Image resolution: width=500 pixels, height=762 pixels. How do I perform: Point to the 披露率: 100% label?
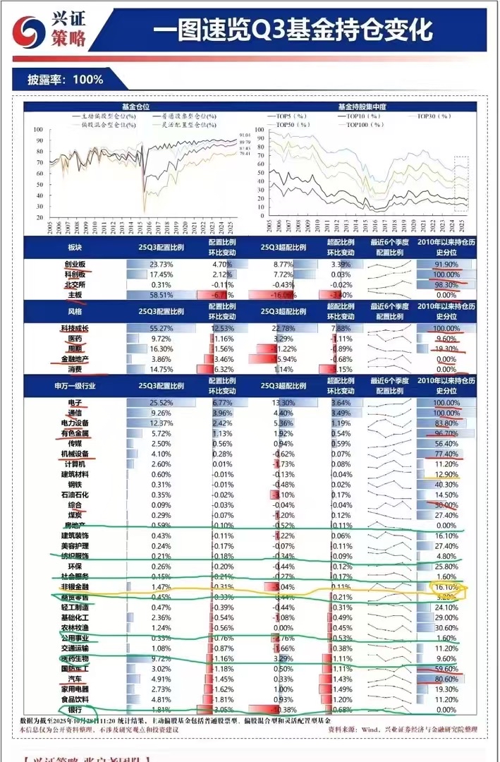click(x=65, y=80)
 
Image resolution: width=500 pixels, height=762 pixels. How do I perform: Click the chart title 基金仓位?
click(x=135, y=105)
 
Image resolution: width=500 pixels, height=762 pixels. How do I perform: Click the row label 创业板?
click(x=74, y=265)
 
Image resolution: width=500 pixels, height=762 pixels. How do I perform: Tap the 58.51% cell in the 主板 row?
click(x=152, y=294)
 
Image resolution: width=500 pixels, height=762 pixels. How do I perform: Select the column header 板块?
click(x=74, y=246)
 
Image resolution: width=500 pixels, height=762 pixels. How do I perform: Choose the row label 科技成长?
click(x=74, y=329)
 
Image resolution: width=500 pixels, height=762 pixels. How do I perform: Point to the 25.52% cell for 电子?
click(x=152, y=402)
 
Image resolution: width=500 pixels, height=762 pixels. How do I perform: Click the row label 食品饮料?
click(x=74, y=698)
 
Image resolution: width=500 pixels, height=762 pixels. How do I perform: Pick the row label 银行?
click(x=74, y=708)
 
